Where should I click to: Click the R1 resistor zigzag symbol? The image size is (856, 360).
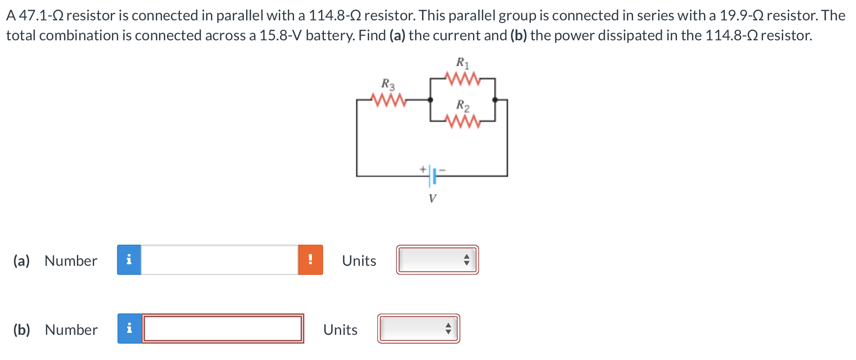(x=462, y=79)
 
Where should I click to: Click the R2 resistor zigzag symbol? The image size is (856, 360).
(x=463, y=121)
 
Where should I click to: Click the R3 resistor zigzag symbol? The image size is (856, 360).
(x=388, y=100)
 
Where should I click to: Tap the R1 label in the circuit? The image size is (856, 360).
(x=463, y=63)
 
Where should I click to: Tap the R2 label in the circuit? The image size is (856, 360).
(x=463, y=105)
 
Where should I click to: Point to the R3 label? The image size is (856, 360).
(x=388, y=84)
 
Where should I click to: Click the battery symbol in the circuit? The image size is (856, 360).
(x=432, y=176)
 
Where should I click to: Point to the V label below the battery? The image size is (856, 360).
(x=432, y=198)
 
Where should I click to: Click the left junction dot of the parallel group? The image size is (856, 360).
(x=430, y=100)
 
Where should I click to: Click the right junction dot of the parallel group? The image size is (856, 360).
(x=495, y=100)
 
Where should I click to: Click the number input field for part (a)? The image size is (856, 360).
(x=219, y=260)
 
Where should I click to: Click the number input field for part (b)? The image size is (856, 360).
(x=223, y=329)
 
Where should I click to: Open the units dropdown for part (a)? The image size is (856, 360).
(x=437, y=260)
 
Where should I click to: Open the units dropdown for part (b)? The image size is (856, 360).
(x=418, y=329)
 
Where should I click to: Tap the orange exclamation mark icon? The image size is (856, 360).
(x=310, y=260)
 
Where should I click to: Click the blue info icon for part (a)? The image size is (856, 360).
(x=129, y=260)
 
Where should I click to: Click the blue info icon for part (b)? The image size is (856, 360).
(x=129, y=329)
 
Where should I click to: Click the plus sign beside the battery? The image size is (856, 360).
(x=422, y=169)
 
